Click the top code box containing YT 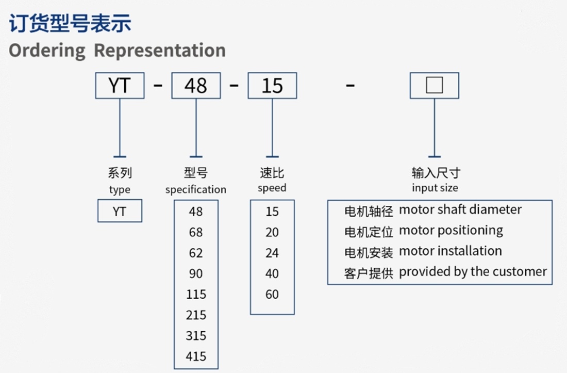(120, 85)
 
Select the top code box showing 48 (196, 85)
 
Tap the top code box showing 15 (272, 85)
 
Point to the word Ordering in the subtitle (47, 51)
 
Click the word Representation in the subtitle (160, 50)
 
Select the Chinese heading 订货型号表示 (70, 23)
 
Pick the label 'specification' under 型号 (196, 189)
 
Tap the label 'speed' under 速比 (272, 188)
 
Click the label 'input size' (435, 188)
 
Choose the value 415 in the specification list (196, 356)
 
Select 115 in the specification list (196, 294)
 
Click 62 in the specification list (196, 253)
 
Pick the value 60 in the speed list (272, 294)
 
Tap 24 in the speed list (272, 253)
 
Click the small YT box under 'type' (120, 210)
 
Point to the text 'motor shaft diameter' (460, 209)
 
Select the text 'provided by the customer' (473, 272)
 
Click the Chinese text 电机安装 (369, 252)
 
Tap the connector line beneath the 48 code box (196, 128)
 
